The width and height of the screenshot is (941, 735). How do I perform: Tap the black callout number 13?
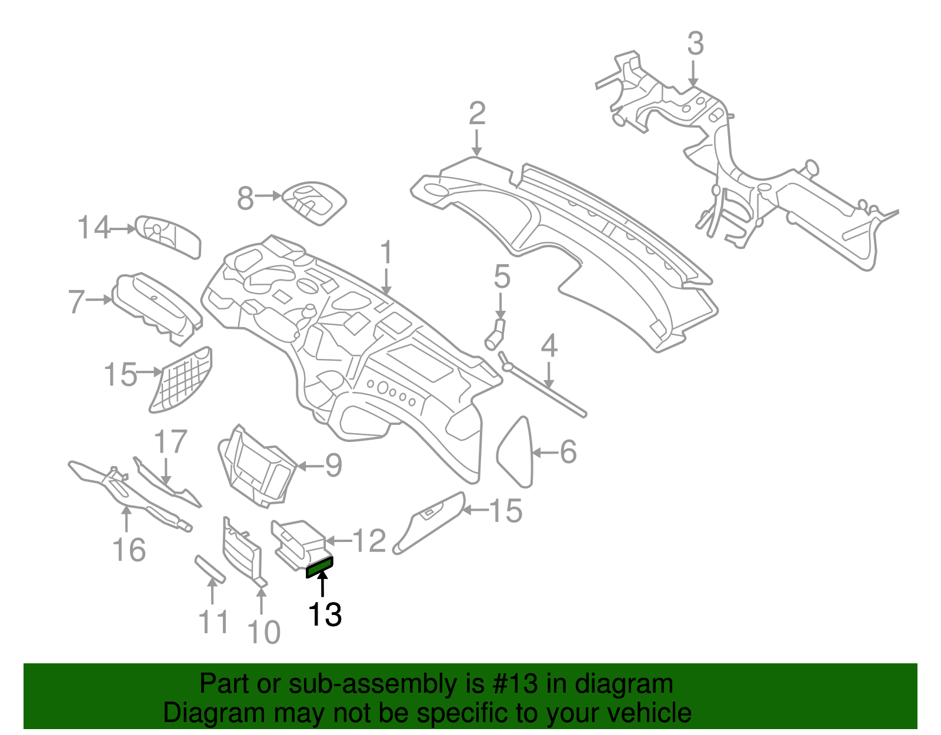click(325, 614)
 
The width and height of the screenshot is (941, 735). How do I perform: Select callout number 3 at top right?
click(695, 44)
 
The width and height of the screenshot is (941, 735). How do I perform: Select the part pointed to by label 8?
click(314, 201)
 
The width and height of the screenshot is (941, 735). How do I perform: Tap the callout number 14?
click(94, 228)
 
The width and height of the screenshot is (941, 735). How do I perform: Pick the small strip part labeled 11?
click(209, 569)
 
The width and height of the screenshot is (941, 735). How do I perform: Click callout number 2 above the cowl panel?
click(477, 113)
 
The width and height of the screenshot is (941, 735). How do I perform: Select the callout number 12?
click(369, 540)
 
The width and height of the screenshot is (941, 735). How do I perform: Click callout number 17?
click(171, 441)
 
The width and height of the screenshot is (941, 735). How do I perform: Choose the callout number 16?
click(129, 550)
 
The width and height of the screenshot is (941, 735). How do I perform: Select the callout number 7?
click(77, 301)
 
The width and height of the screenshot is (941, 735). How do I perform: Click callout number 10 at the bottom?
click(263, 632)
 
